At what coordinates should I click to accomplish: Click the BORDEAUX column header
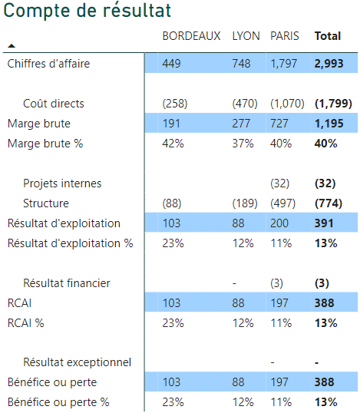tap(191, 36)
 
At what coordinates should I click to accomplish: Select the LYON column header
tap(246, 36)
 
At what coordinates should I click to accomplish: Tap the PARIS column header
tap(285, 36)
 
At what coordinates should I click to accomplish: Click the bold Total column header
tap(328, 36)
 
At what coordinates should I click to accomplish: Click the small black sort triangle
tap(12, 46)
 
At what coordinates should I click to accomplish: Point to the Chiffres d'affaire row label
tap(48, 64)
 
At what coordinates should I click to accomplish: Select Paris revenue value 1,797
tap(284, 64)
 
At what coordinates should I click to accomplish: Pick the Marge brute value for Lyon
tap(241, 124)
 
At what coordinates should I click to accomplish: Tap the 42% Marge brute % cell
tap(173, 144)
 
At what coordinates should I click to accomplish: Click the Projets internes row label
tap(62, 183)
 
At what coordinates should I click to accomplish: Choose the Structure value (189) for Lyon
tap(245, 203)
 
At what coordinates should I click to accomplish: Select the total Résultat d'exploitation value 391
tap(324, 223)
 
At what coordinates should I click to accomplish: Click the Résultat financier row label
tap(67, 283)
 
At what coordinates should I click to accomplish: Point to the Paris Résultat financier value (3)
tap(276, 283)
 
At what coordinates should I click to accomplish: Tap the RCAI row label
tap(19, 303)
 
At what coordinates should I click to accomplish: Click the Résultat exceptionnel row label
tap(78, 362)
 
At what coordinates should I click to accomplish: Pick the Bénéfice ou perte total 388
tap(324, 382)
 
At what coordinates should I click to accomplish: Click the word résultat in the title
tap(137, 11)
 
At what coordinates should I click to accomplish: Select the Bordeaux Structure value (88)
tap(172, 203)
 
